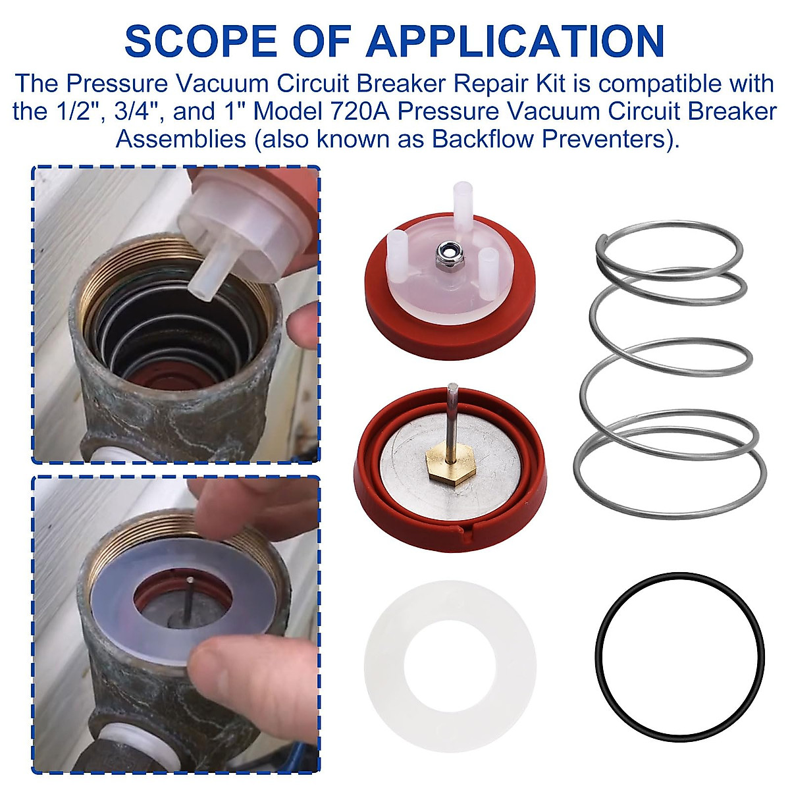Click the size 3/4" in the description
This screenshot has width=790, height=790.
pyautogui.click(x=132, y=111)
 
